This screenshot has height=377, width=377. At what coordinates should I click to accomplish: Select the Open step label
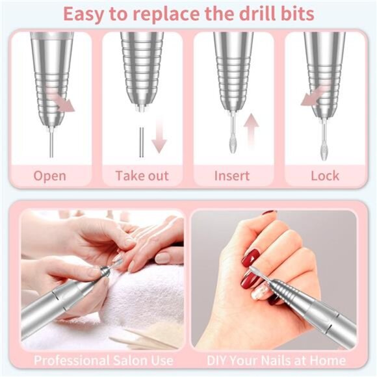(x=50, y=175)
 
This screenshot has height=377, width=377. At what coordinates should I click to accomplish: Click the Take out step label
(x=142, y=175)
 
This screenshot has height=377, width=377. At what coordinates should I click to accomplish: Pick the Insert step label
(x=232, y=175)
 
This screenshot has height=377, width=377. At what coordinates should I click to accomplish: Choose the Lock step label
(x=324, y=175)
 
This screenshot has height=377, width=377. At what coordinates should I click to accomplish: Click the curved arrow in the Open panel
(x=63, y=103)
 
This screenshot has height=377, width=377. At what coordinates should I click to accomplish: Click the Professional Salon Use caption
(x=104, y=359)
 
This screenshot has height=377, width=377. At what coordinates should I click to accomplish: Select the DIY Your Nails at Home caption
(x=276, y=359)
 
